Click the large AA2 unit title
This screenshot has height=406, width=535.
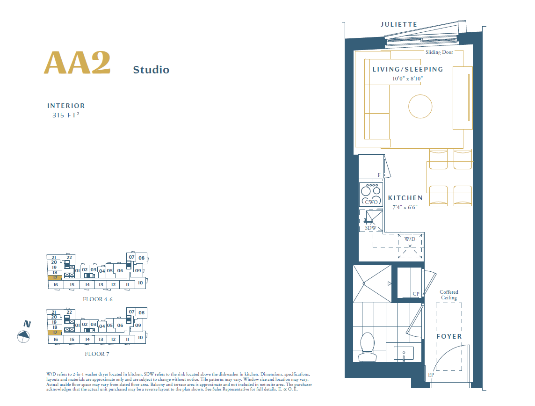tap(77, 63)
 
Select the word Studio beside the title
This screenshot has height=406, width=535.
tap(151, 70)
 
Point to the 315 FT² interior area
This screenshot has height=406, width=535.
tap(66, 115)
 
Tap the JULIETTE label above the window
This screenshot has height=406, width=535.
tap(398, 24)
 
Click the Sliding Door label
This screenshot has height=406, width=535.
tap(439, 52)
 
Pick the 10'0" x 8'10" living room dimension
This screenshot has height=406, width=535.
tap(407, 79)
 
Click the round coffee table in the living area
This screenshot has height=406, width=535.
tap(420, 107)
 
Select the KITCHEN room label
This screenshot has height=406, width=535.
tap(405, 198)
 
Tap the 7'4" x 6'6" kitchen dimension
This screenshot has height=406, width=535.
tap(402, 207)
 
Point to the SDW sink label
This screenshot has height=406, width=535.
tap(370, 228)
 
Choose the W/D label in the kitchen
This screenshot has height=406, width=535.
tap(410, 239)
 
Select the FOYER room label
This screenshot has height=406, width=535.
tap(449, 336)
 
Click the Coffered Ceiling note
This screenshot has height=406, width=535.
tap(449, 295)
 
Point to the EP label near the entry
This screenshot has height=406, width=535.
tap(431, 375)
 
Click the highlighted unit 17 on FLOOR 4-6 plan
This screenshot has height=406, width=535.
tap(55, 278)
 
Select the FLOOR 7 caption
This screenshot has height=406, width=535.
tap(97, 354)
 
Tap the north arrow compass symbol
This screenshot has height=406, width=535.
tap(23, 335)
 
